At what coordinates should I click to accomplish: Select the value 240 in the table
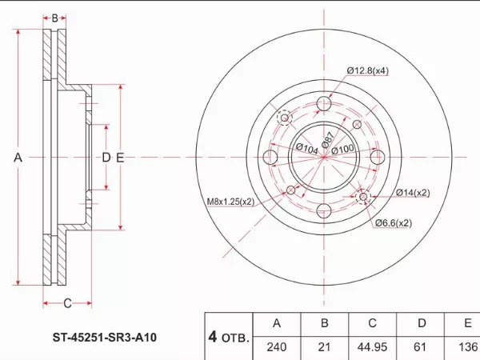pos(276,347)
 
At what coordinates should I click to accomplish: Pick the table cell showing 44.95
pos(371,347)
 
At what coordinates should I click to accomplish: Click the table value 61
pos(421,347)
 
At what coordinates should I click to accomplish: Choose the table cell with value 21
pos(325,347)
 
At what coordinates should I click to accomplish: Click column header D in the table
pos(421,323)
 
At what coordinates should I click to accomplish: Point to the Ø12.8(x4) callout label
pos(368,70)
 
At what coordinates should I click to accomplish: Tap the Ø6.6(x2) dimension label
pos(394,223)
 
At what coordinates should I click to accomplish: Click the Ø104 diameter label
pos(306,149)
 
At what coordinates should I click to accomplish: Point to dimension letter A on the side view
pos(18,158)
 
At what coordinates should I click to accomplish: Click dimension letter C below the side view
pos(67,302)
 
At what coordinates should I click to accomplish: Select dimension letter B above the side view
pos(55,18)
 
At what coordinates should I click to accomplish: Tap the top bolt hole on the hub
pos(324,104)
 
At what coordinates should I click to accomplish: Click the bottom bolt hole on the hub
pos(324,211)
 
